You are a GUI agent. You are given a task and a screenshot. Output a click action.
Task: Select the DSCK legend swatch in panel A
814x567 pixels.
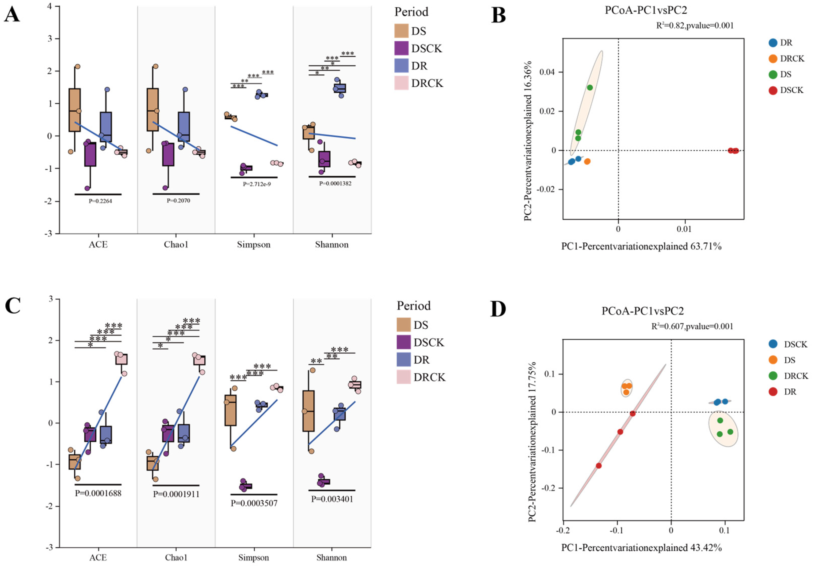(401, 48)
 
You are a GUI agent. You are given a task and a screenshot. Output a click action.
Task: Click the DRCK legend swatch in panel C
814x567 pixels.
(403, 377)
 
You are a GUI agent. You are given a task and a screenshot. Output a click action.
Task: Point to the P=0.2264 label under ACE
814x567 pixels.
(100, 201)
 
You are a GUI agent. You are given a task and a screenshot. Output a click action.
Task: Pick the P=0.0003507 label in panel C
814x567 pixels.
(254, 503)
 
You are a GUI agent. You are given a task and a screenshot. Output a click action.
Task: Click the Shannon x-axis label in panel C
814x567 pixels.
(331, 557)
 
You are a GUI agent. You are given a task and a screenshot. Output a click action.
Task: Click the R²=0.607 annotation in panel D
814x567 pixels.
(692, 326)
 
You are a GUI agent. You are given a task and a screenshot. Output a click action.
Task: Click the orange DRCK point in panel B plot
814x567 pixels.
(587, 161)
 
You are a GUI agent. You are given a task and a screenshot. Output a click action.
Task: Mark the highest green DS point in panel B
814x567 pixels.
(590, 88)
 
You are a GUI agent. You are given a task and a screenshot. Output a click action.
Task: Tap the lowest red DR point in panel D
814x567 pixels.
(599, 466)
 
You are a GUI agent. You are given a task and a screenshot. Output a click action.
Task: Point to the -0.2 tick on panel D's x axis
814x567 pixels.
(562, 530)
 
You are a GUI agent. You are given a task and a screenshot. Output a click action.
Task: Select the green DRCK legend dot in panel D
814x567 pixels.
(773, 376)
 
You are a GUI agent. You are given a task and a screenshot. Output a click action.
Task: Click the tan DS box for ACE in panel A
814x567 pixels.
(74, 110)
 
